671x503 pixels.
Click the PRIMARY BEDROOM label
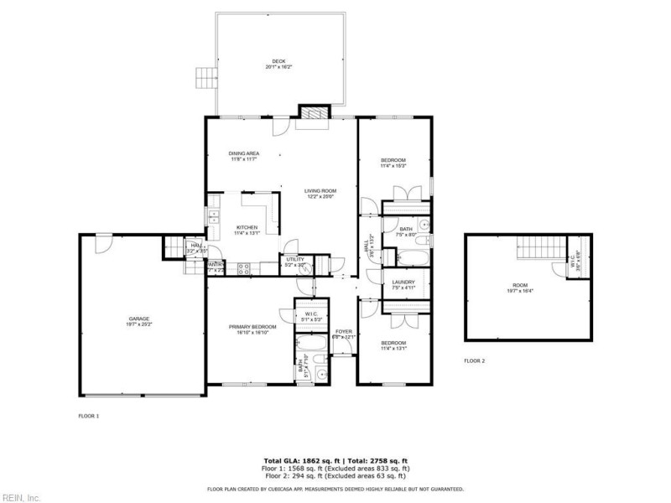click(x=252, y=329)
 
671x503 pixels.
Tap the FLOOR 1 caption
click(x=89, y=416)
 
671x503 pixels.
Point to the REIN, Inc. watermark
click(x=20, y=496)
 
